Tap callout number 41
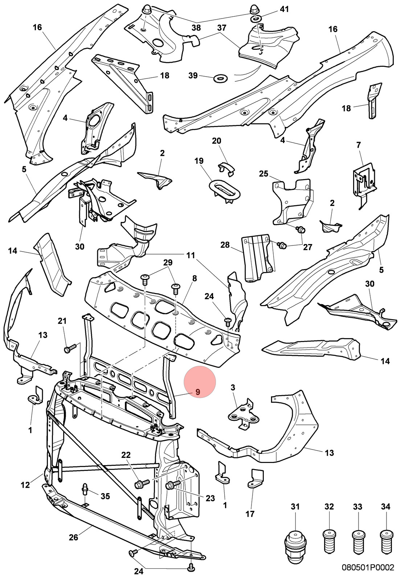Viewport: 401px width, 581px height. pyautogui.click(x=284, y=9)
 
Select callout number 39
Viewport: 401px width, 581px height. pyautogui.click(x=193, y=76)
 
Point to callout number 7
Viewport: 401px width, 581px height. pyautogui.click(x=359, y=145)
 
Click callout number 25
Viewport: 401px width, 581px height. pyautogui.click(x=263, y=174)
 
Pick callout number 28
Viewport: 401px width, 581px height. pyautogui.click(x=225, y=245)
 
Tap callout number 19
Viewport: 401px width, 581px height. pyautogui.click(x=199, y=161)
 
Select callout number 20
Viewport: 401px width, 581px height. pyautogui.click(x=216, y=141)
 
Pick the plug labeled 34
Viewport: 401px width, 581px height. pyautogui.click(x=386, y=541)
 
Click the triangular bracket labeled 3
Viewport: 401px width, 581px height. pyautogui.click(x=244, y=415)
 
